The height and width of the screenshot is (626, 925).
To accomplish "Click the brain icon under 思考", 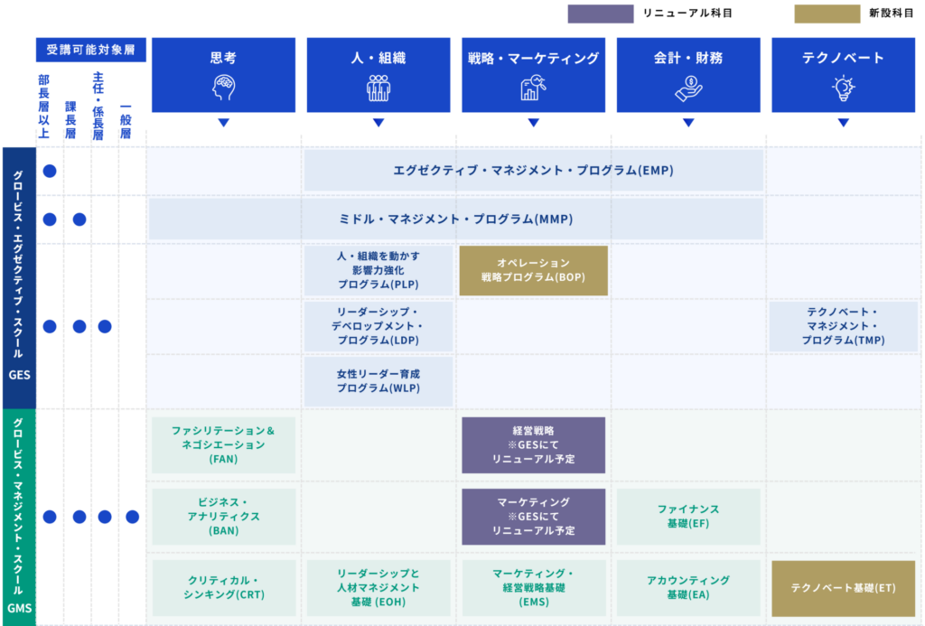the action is click(224, 88).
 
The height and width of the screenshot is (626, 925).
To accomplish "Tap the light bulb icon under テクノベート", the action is click(843, 88).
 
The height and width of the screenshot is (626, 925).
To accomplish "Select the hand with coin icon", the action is click(688, 89).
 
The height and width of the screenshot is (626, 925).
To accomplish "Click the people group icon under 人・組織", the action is click(378, 88).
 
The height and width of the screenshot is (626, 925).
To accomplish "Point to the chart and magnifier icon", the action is click(533, 88).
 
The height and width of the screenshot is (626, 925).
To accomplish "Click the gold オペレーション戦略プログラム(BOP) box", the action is click(533, 270).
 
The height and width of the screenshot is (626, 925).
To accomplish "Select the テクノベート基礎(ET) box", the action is click(843, 588).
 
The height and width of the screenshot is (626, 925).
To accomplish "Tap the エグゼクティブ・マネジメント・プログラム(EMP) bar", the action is click(533, 171).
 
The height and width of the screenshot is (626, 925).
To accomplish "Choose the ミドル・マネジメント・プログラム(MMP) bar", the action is click(456, 219).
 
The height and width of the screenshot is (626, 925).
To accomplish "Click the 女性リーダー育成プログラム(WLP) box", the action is click(378, 381).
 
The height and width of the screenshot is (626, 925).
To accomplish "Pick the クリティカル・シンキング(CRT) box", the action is click(224, 588).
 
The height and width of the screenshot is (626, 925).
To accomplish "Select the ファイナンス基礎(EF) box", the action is click(688, 517).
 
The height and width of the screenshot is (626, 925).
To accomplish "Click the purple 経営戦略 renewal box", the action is click(533, 444).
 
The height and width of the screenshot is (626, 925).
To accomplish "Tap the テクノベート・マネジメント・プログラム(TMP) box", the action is click(843, 326).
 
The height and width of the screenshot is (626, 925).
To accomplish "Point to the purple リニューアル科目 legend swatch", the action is click(601, 14).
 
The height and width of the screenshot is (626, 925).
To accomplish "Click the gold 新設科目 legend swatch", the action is click(827, 14).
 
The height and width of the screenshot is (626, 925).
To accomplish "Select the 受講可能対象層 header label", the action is click(91, 50).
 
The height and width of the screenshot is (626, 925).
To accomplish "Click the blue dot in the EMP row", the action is click(50, 171).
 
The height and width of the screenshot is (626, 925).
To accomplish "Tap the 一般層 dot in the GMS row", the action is click(132, 517).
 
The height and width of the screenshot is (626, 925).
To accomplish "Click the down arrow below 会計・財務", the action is click(688, 123).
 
